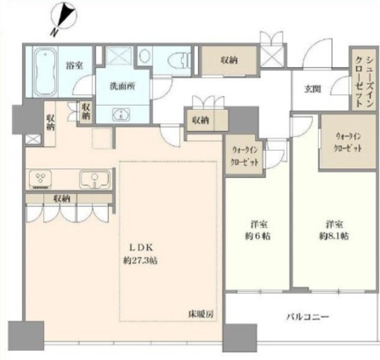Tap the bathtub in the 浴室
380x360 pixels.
click(x=46, y=72)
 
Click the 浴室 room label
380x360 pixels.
click(x=74, y=65)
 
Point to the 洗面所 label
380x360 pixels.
click(x=122, y=86)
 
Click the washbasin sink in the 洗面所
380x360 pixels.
click(x=121, y=115)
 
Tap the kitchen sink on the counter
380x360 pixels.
click(x=95, y=179)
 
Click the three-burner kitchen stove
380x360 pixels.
click(x=40, y=179)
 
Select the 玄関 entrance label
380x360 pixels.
click(x=313, y=89)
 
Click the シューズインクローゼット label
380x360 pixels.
click(x=363, y=82)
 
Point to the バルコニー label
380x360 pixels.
click(x=308, y=317)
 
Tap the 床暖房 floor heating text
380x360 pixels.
click(x=201, y=314)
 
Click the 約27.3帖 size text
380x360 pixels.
click(x=140, y=261)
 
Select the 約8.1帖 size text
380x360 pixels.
click(x=334, y=236)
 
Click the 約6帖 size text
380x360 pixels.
click(x=258, y=236)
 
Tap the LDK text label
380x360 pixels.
click(x=141, y=248)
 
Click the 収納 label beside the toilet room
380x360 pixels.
click(x=229, y=60)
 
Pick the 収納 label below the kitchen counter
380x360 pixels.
click(x=62, y=199)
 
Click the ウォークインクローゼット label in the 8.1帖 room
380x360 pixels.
click(x=348, y=143)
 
